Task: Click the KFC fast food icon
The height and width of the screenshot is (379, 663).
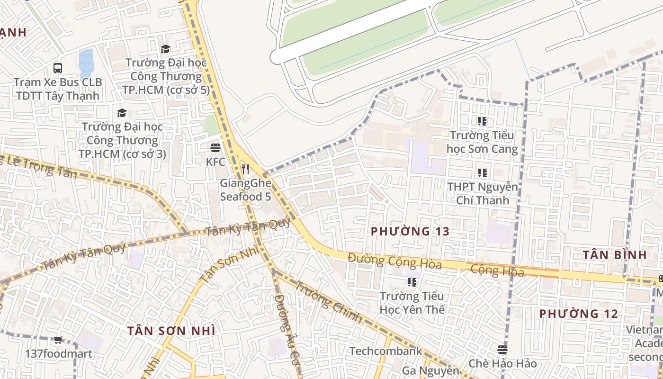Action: click(215, 147)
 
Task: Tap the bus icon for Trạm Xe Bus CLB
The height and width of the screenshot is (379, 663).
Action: click(58, 68)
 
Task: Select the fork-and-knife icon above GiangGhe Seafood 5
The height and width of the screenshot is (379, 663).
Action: click(245, 169)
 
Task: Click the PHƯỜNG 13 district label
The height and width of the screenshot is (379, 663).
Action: click(410, 232)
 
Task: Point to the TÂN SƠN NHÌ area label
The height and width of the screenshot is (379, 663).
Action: click(171, 331)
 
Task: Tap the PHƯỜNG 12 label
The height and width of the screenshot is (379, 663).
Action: click(579, 314)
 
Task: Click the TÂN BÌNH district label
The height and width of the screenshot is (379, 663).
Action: click(615, 255)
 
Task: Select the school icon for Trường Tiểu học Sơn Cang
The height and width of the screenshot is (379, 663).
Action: click(482, 121)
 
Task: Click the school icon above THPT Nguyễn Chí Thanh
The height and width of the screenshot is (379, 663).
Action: click(482, 173)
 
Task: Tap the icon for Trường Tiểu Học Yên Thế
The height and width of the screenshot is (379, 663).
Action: click(412, 283)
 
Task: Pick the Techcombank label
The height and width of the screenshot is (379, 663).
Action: click(385, 351)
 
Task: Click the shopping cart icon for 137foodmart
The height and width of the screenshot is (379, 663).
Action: click(58, 340)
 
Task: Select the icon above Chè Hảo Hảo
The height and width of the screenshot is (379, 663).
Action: click(502, 350)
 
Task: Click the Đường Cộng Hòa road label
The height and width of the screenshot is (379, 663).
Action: click(394, 261)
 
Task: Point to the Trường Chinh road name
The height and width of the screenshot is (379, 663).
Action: click(329, 301)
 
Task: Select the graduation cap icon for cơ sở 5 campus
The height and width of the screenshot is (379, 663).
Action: click(165, 49)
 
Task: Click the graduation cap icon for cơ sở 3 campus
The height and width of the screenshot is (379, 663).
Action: click(122, 113)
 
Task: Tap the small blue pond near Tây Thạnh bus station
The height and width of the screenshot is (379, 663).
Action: click(86, 63)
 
